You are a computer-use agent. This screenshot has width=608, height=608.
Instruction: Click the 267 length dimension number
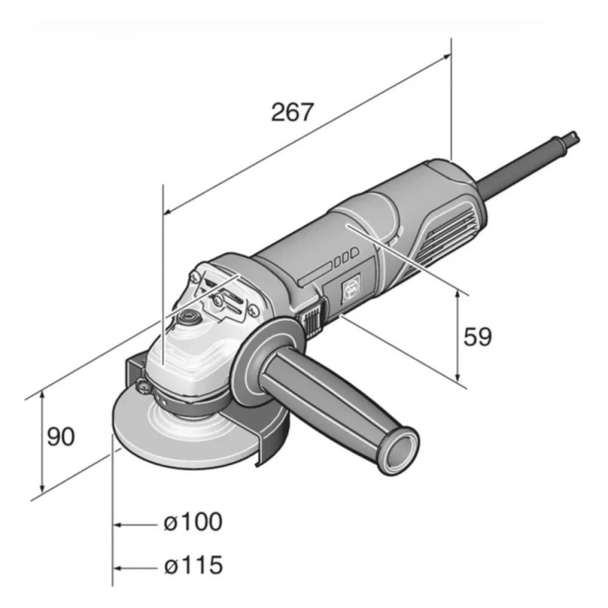[293, 112]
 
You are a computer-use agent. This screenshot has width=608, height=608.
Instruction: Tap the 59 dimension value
[478, 337]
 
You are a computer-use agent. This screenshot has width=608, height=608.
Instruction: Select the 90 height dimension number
[61, 437]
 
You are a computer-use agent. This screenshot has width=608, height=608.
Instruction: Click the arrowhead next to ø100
[119, 524]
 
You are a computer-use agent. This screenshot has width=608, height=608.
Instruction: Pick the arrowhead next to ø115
[119, 568]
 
